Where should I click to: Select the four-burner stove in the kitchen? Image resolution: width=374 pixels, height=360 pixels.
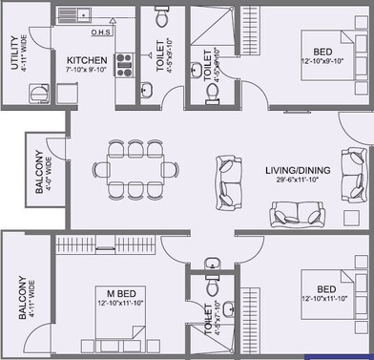(122, 63)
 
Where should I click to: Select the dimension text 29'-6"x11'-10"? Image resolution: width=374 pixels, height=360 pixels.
(298, 180)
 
